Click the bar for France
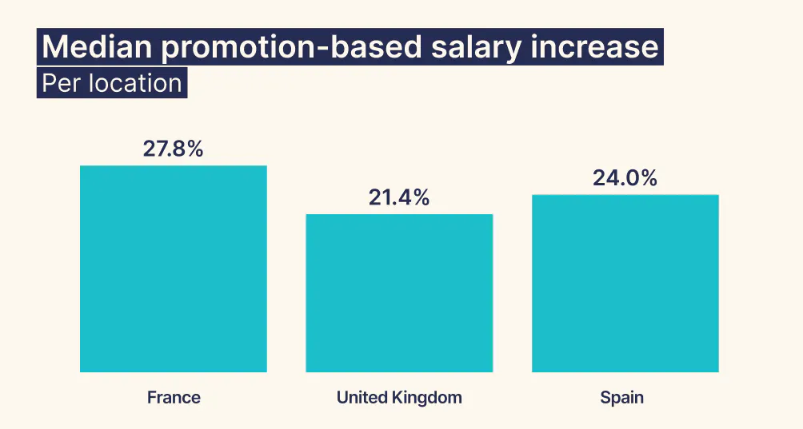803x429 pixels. tap(174, 268)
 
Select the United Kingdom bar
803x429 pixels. tap(399, 293)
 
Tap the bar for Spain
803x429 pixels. tap(625, 283)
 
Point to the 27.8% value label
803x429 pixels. tap(174, 149)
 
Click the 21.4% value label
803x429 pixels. tap(399, 198)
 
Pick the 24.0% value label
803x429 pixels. tap(625, 178)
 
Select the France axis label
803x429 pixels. tap(174, 397)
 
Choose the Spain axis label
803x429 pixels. tap(621, 397)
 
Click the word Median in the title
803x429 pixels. tap(95, 48)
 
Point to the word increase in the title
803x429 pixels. tap(595, 48)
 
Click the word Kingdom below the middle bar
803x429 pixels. tap(429, 397)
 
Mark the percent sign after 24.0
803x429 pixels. tap(646, 178)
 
